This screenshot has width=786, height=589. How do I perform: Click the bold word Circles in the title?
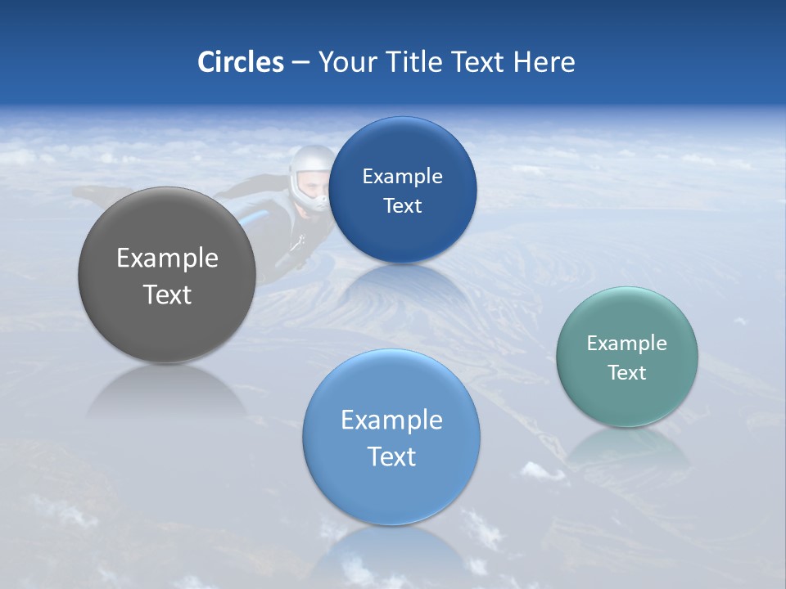pyautogui.click(x=241, y=61)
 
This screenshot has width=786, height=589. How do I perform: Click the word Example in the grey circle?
pyautogui.click(x=167, y=259)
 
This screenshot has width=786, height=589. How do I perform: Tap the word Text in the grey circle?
pyautogui.click(x=167, y=294)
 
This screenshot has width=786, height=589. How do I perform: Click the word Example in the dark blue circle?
pyautogui.click(x=402, y=177)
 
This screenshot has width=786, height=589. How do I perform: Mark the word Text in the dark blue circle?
pyautogui.click(x=402, y=206)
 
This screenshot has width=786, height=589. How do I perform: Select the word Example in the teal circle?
pyautogui.click(x=626, y=344)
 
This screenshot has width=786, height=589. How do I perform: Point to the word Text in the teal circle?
pyautogui.click(x=626, y=373)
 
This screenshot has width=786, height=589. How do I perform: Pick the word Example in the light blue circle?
pyautogui.click(x=391, y=420)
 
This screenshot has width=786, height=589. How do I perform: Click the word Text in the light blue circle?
pyautogui.click(x=391, y=456)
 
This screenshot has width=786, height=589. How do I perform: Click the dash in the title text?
pyautogui.click(x=300, y=62)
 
